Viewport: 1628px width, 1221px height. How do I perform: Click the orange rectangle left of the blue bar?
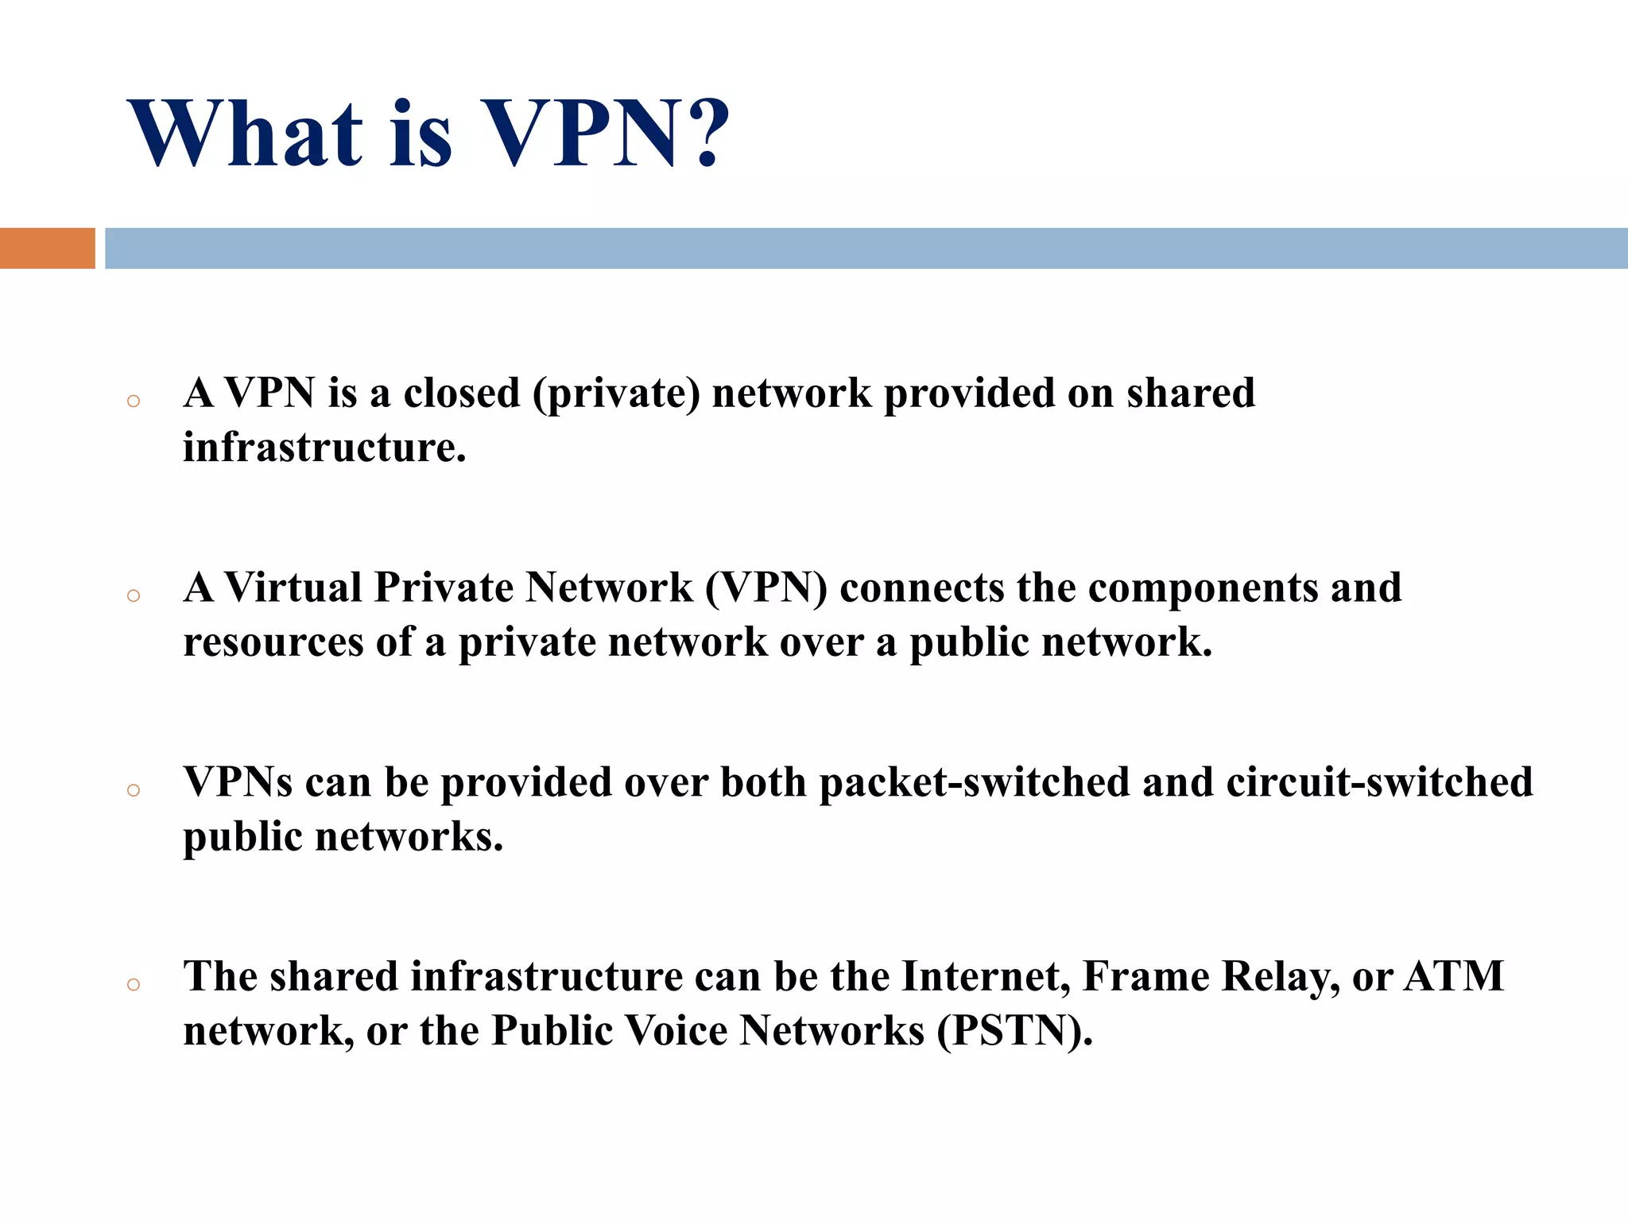pyautogui.click(x=47, y=248)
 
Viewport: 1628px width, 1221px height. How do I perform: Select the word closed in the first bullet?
pyautogui.click(x=462, y=393)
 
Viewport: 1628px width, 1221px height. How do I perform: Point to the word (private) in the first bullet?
pyautogui.click(x=617, y=394)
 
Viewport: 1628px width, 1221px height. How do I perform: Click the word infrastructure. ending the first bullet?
pyautogui.click(x=324, y=447)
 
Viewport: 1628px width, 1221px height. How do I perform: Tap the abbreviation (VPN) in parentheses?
pyautogui.click(x=766, y=589)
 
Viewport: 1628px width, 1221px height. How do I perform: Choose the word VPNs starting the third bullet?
pyautogui.click(x=238, y=782)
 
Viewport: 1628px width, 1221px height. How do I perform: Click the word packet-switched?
pyautogui.click(x=975, y=783)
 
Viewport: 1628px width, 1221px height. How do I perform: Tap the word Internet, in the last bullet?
pyautogui.click(x=986, y=977)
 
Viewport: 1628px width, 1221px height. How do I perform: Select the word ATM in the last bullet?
pyautogui.click(x=1454, y=977)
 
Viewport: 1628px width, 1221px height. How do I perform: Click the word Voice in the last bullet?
pyautogui.click(x=676, y=1031)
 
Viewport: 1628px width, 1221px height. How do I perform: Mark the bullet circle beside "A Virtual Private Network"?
pyautogui.click(x=134, y=595)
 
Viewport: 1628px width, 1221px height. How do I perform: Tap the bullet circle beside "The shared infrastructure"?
pyautogui.click(x=134, y=985)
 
